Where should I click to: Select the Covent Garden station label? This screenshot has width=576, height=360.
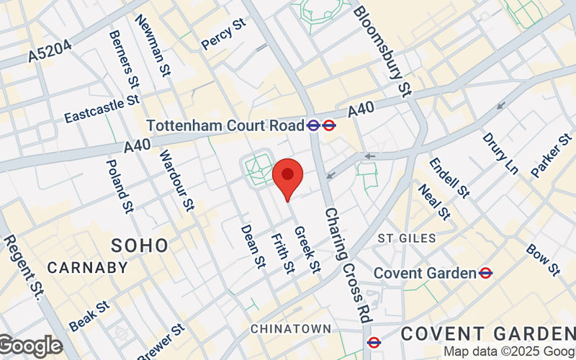click(425, 273)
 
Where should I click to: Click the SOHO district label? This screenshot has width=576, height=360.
click(140, 246)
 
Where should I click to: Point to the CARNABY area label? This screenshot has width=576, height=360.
click(87, 268)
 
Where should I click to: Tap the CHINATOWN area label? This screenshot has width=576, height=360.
click(291, 328)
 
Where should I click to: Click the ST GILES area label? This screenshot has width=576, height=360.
click(407, 238)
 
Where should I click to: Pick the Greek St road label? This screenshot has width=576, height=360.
click(307, 249)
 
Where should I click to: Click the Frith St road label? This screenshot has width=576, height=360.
click(282, 253)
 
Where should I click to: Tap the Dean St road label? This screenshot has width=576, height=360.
click(253, 246)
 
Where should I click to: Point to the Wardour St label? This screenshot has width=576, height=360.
click(176, 181)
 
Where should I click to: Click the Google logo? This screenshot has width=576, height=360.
click(30, 346)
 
